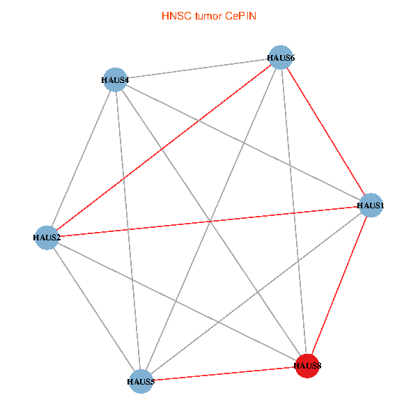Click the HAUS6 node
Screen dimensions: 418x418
[280, 57]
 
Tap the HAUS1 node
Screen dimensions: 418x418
[371, 206]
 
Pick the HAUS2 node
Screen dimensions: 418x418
[46, 238]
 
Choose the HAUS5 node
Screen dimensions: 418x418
[141, 381]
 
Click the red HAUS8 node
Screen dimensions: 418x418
[307, 365]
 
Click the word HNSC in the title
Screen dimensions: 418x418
[174, 15]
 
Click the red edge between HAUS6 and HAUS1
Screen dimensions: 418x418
[325, 131]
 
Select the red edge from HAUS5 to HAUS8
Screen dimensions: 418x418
[224, 373]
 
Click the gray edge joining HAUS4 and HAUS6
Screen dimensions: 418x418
[197, 68]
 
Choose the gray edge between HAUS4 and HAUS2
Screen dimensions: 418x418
[80, 158]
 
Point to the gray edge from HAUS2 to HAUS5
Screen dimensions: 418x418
[93, 309]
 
